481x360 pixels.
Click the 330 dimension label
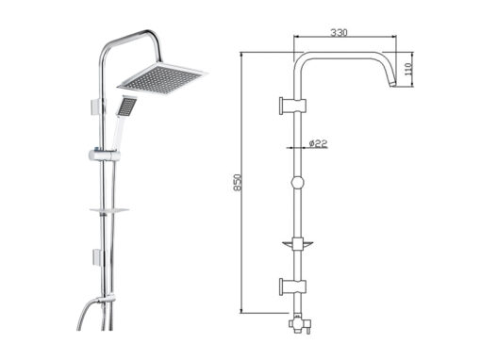tap(339, 32)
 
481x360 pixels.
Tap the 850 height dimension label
tap(238, 182)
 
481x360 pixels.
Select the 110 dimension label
tap(407, 69)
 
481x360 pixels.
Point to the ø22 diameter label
tap(318, 143)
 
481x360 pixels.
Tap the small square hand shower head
tap(127, 105)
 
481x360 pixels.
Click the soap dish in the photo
tap(109, 209)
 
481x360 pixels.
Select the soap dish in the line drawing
tap(297, 244)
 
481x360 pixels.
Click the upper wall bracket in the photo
tap(96, 106)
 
